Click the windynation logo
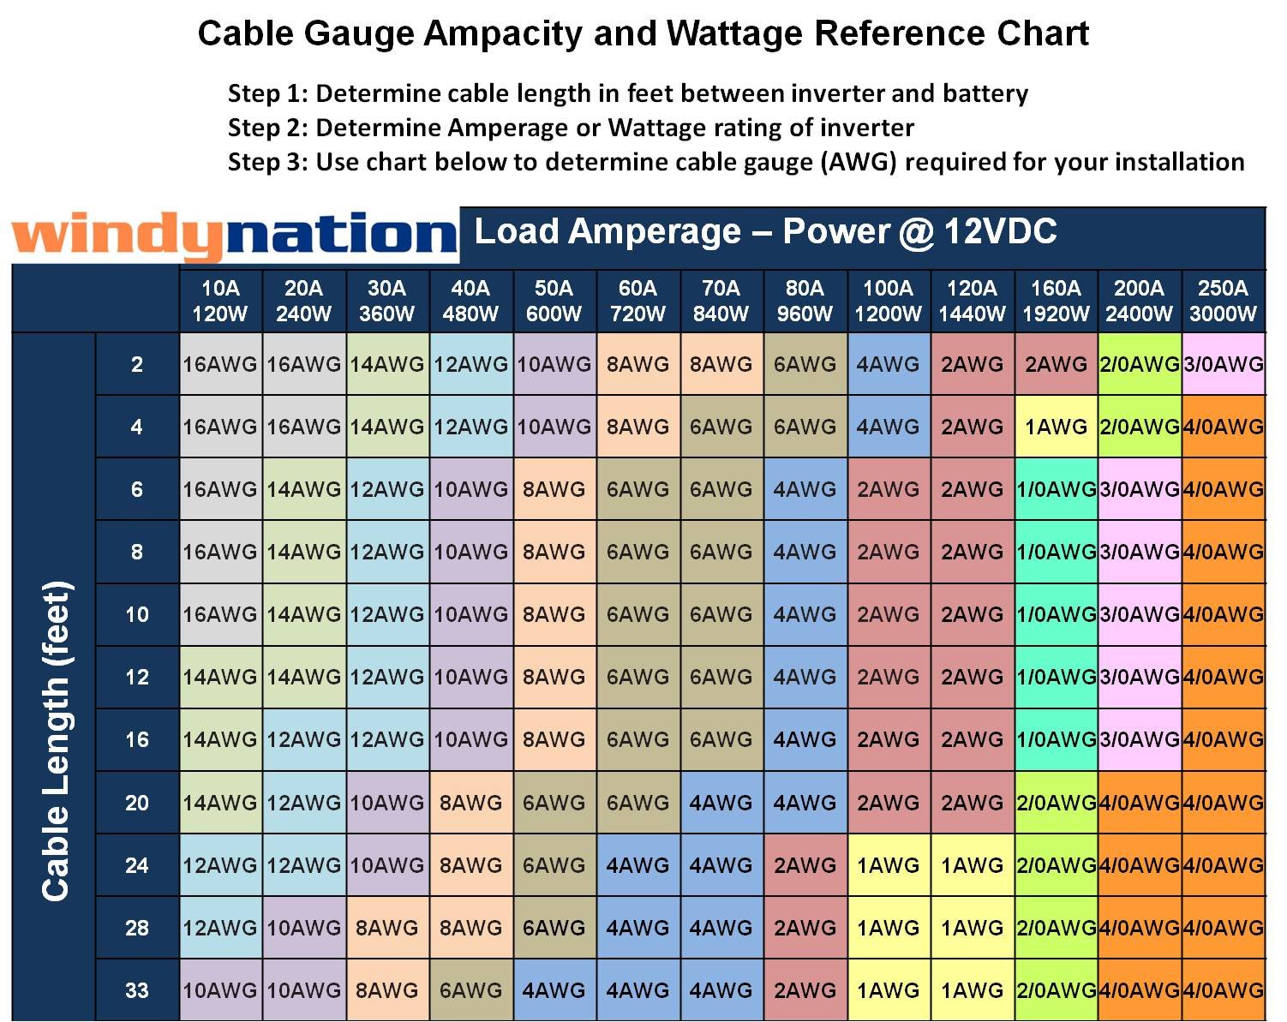click(x=233, y=236)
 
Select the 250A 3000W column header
click(x=1223, y=301)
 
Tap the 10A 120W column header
click(x=219, y=301)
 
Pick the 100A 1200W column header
click(x=888, y=301)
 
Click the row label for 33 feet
click(x=137, y=990)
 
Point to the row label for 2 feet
click(x=137, y=364)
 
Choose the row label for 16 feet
click(x=137, y=739)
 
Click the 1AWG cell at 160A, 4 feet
click(x=1056, y=427)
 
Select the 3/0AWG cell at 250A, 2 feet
click(x=1223, y=364)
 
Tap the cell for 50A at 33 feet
click(x=554, y=990)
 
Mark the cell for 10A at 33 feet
click(x=219, y=990)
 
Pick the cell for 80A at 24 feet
click(x=805, y=865)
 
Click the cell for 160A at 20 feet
click(x=1056, y=803)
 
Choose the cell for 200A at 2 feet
click(x=1139, y=364)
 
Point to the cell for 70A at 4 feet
click(x=721, y=427)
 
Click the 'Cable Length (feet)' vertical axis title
click(x=57, y=741)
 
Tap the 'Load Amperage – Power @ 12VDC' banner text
click(x=765, y=231)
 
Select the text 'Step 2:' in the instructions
click(x=267, y=128)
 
